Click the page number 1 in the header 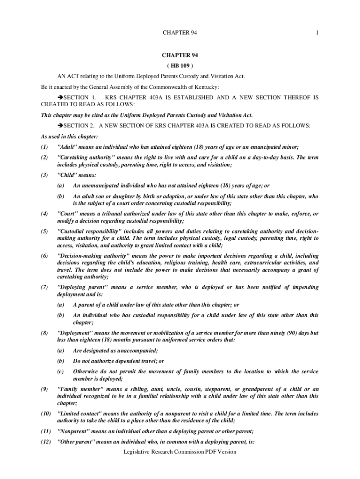(x=317, y=32)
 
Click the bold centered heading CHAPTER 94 (x=180, y=55)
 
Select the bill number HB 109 (x=180, y=65)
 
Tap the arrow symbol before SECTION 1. (x=59, y=97)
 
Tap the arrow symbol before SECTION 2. (x=59, y=125)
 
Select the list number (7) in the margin (x=45, y=287)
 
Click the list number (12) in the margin (x=45, y=443)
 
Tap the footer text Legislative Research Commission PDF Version (x=180, y=452)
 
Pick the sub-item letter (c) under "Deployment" (x=61, y=371)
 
